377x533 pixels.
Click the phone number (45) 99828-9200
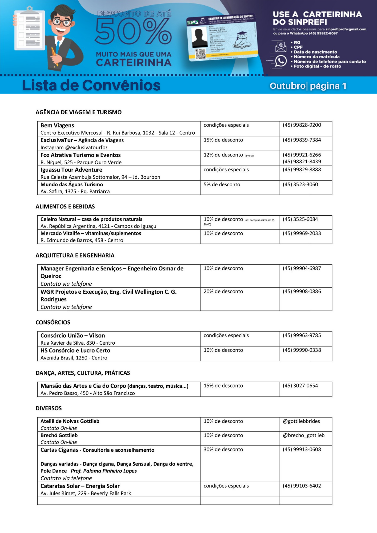[302, 125]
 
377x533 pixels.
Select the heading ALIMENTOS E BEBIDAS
[65, 207]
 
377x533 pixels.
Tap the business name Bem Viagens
[57, 126]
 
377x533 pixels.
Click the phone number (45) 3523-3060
[300, 184]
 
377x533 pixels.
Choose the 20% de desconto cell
[223, 291]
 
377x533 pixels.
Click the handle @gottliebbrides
[301, 421]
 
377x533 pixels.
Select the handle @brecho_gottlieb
[304, 435]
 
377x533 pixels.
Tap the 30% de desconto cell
[223, 449]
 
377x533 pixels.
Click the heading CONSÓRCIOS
[53, 322]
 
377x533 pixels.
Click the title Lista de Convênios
[91, 85]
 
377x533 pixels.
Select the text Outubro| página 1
[308, 86]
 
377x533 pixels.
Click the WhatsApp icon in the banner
[281, 61]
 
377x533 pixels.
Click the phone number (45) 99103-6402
[302, 486]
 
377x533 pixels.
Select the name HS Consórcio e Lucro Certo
[75, 350]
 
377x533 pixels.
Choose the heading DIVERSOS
[49, 408]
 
